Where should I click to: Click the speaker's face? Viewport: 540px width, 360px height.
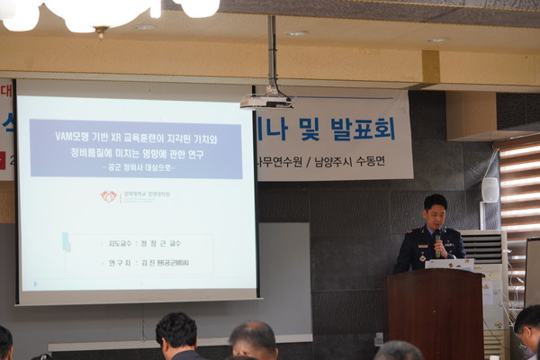pyautogui.click(x=436, y=216)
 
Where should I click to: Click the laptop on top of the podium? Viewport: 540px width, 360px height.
pyautogui.click(x=448, y=265)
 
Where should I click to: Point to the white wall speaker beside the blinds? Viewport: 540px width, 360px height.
pyautogui.click(x=490, y=189)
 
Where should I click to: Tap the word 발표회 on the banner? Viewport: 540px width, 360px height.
pyautogui.click(x=362, y=129)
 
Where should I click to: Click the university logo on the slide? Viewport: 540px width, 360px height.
pyautogui.click(x=110, y=195)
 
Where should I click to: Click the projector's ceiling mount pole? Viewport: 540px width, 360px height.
pyautogui.click(x=271, y=54)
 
